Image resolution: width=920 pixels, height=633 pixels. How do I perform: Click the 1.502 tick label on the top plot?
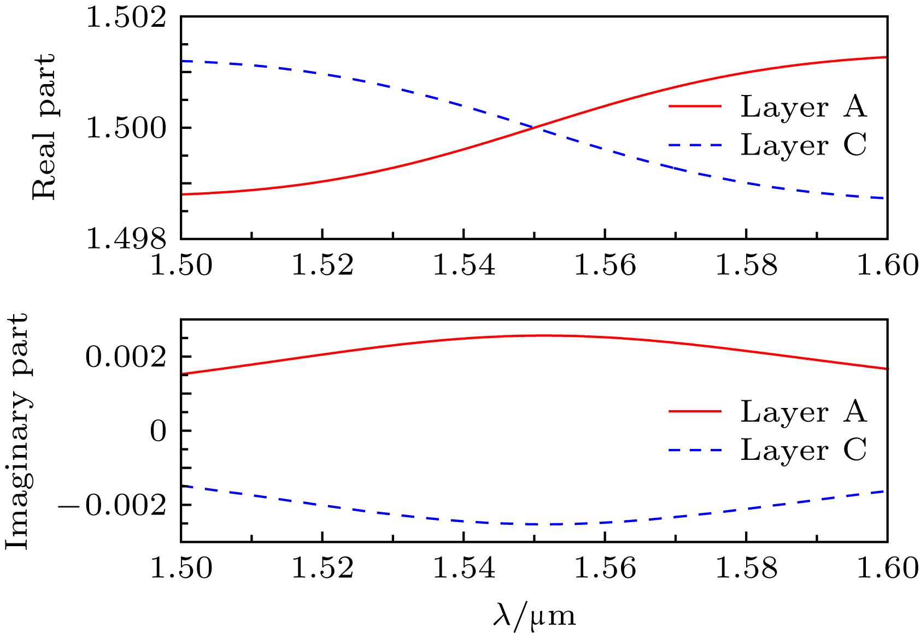point(126,18)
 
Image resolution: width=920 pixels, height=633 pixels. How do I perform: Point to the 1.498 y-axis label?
point(126,239)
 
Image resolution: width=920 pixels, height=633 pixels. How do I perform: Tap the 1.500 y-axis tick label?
point(126,129)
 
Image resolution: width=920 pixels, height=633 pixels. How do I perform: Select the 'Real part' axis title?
point(44,127)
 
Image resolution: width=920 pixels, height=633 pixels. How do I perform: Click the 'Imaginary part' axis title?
point(17,431)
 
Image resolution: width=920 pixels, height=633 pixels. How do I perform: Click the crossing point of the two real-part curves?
point(534,127)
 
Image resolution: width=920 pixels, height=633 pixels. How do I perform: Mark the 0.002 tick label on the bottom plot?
point(126,358)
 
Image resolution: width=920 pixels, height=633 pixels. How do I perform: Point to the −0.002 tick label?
point(112,506)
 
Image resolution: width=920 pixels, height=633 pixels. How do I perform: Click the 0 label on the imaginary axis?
point(158,431)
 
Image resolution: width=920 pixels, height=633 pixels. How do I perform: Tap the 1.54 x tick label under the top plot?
point(464,265)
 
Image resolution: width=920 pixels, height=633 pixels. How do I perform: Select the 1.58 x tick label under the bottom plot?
point(746,569)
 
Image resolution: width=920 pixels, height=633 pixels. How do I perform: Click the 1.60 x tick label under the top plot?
point(887,265)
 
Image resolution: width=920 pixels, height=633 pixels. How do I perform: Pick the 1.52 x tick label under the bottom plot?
point(323,569)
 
